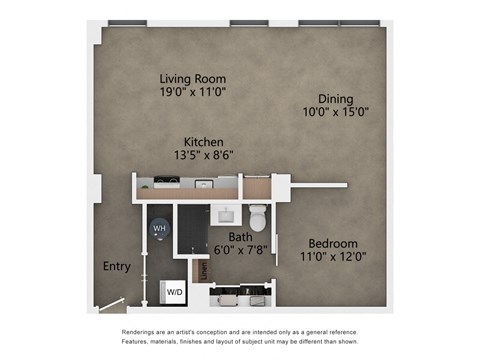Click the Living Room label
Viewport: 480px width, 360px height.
coord(192,78)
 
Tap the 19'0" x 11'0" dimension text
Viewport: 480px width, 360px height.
coord(192,91)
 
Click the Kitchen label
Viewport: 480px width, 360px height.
coord(203,142)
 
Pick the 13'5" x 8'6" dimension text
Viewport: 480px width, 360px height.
coord(203,155)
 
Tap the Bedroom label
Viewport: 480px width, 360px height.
coord(332,243)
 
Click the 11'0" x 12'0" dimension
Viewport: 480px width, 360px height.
coord(332,256)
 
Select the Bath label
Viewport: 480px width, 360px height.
coord(240,237)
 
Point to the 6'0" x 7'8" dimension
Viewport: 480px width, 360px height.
coord(240,250)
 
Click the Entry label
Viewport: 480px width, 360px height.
coord(116,266)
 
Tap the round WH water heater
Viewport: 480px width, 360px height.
coord(158,228)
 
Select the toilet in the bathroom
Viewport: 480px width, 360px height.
coord(258,216)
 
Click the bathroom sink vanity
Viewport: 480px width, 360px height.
coord(226,212)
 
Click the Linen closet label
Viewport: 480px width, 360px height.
coord(202,270)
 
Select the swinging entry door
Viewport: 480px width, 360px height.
coord(112,304)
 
